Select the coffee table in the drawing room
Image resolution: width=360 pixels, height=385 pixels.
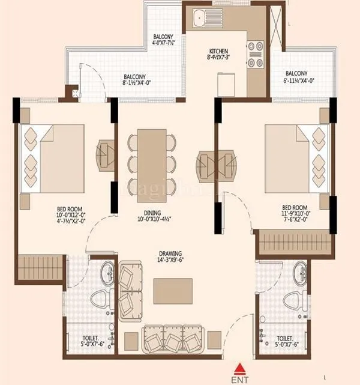pos(172,291)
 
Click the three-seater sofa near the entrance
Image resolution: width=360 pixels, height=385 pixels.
pos(173,341)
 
